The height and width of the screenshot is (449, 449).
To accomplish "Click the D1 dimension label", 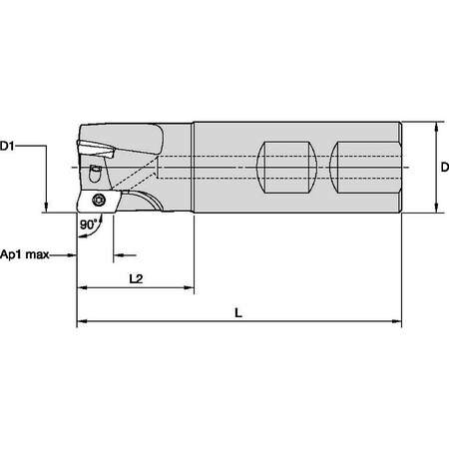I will pos(9,146).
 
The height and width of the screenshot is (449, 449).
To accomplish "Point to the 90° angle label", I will pos(90,224).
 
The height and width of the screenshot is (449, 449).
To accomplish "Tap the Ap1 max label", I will pos(25,253).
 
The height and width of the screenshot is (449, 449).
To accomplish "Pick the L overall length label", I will pos(237,312).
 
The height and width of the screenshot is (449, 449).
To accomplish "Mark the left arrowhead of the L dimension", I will pos(81,322).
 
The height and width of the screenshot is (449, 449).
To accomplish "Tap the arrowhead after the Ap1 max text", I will pos(72,253).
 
